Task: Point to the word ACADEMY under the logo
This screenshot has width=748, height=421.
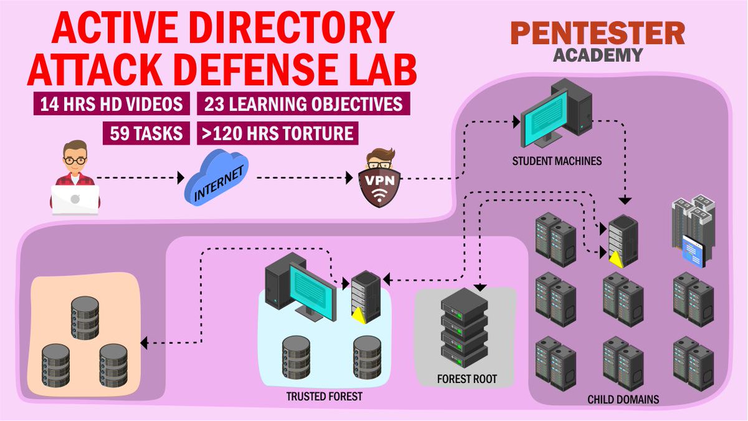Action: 597,55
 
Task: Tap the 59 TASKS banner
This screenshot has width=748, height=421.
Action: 146,133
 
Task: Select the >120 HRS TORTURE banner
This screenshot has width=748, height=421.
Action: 277,133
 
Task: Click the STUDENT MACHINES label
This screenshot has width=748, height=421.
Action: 557,161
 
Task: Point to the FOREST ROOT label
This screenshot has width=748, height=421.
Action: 466,379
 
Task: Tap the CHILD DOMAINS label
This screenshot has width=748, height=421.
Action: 623,399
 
